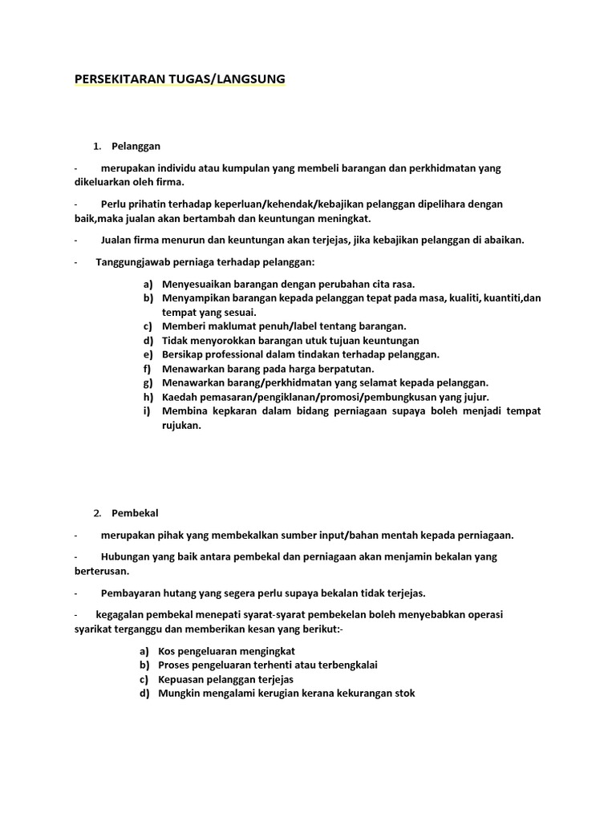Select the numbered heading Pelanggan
click(136, 146)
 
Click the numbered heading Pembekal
click(135, 513)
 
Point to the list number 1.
click(96, 146)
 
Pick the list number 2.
click(96, 513)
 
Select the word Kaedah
click(179, 397)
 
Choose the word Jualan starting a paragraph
click(116, 240)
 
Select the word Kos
click(166, 651)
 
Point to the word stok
click(404, 694)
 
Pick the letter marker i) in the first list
click(148, 411)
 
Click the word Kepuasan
click(180, 679)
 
